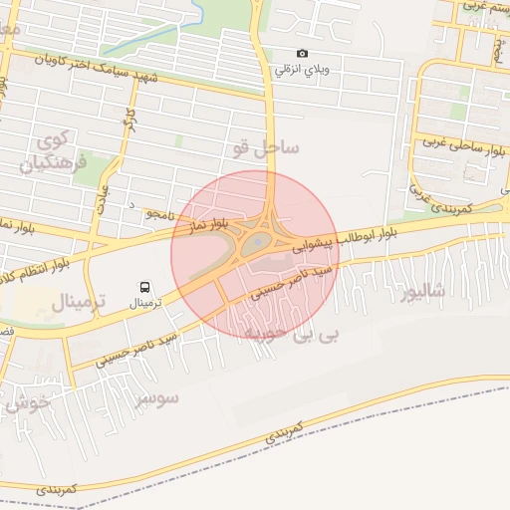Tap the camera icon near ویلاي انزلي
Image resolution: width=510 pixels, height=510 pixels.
302,54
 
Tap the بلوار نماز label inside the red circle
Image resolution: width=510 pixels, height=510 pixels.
199,227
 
